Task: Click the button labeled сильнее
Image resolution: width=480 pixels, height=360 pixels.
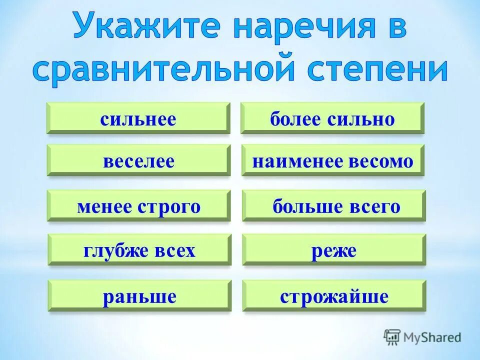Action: click(x=138, y=118)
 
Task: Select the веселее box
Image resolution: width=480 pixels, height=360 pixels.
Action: click(x=138, y=160)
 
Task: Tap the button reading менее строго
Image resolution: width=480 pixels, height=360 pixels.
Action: click(x=138, y=205)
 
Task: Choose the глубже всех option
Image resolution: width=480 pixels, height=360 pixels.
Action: click(x=139, y=250)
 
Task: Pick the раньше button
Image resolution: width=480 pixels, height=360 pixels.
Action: click(x=139, y=296)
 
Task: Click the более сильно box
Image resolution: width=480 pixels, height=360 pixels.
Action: click(x=332, y=118)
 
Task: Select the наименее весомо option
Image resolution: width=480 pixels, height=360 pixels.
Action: click(x=333, y=160)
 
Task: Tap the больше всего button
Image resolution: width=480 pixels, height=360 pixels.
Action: click(x=333, y=205)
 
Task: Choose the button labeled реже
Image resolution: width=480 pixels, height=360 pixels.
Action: click(x=334, y=250)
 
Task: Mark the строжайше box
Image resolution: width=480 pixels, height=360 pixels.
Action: click(x=334, y=296)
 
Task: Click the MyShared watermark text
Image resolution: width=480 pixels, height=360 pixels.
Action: click(x=432, y=337)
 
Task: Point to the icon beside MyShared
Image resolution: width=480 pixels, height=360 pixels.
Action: click(x=392, y=337)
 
